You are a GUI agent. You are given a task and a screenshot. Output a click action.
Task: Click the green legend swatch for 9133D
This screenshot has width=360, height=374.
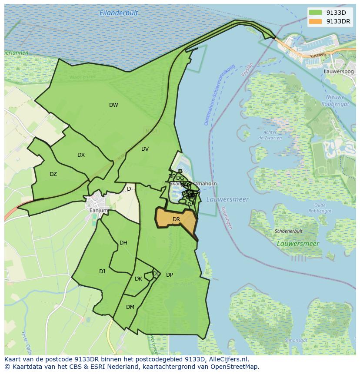316,13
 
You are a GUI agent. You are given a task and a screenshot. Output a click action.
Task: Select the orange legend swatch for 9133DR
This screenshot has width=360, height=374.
316,21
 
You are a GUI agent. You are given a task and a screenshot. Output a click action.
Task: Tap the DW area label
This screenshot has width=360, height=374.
113,105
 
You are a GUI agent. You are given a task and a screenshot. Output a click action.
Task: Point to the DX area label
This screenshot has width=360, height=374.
81,155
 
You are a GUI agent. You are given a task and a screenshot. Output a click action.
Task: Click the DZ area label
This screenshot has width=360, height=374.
53,174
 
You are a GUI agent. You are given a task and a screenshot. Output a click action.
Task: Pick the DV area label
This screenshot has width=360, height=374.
145,149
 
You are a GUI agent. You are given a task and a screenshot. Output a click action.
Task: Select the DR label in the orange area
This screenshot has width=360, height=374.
176,219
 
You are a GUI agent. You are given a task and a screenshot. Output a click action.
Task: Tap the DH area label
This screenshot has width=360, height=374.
123,243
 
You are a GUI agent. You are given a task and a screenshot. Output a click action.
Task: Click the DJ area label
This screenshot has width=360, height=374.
102,271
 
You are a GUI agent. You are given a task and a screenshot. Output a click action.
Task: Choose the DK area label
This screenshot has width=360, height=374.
138,279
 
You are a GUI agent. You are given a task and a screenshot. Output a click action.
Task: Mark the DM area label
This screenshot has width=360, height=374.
130,307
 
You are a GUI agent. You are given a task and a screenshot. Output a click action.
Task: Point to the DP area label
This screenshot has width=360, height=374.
170,275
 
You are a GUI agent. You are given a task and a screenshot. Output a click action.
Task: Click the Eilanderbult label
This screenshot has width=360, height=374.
119,13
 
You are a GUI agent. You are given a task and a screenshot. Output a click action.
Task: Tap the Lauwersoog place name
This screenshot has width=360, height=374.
339,71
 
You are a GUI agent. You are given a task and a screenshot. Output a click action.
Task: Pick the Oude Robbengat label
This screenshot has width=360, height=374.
320,208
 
